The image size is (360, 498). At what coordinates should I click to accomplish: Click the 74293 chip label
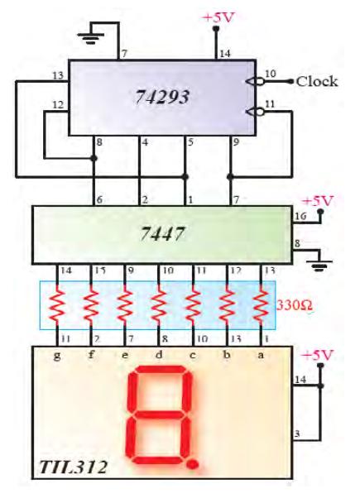pyautogui.click(x=162, y=97)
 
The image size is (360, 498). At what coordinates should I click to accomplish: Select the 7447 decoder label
pyautogui.click(x=162, y=234)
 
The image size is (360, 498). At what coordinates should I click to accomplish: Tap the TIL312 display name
pyautogui.click(x=74, y=467)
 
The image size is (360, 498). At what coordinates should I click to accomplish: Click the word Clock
pyautogui.click(x=317, y=82)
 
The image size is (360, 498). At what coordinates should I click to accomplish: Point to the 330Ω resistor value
pyautogui.click(x=295, y=305)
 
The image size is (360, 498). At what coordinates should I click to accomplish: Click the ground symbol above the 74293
pyautogui.click(x=91, y=38)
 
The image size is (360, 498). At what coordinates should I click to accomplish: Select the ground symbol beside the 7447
pyautogui.click(x=319, y=266)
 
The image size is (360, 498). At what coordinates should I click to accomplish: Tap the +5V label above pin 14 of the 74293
pyautogui.click(x=218, y=17)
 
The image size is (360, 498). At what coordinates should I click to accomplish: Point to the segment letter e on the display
pyautogui.click(x=125, y=355)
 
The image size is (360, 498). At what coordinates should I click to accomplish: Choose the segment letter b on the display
pyautogui.click(x=227, y=354)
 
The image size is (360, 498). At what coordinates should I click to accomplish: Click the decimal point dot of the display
pyautogui.click(x=193, y=464)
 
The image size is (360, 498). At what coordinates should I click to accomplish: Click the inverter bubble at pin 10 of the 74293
pyautogui.click(x=260, y=82)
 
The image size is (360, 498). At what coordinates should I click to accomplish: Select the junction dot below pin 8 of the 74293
pyautogui.click(x=94, y=158)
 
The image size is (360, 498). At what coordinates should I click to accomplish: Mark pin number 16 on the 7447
pyautogui.click(x=300, y=216)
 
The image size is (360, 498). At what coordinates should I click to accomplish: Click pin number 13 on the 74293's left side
pyautogui.click(x=58, y=75)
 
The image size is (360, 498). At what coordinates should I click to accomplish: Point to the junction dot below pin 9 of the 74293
pyautogui.click(x=230, y=176)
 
